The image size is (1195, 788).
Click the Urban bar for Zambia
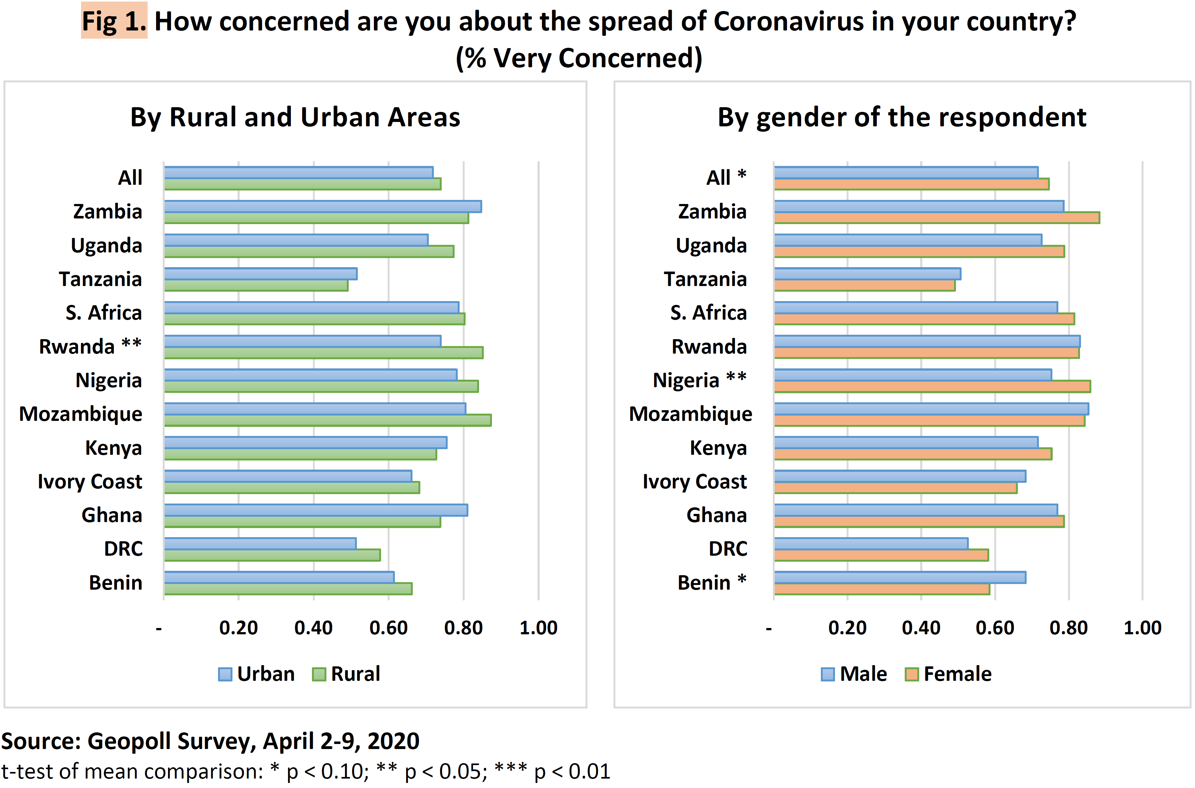coord(323,207)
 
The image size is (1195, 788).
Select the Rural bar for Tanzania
coord(256,285)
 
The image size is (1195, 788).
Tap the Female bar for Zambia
coord(936,218)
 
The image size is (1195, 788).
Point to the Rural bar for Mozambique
coord(328,420)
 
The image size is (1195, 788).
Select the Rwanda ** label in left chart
coord(90,346)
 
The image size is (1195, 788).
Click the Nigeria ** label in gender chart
coord(699,380)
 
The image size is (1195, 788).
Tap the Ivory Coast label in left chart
coord(90,482)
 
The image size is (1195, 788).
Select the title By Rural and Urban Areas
coord(295,117)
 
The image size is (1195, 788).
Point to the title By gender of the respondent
coord(902,117)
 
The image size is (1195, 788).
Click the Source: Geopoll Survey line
coord(210,741)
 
